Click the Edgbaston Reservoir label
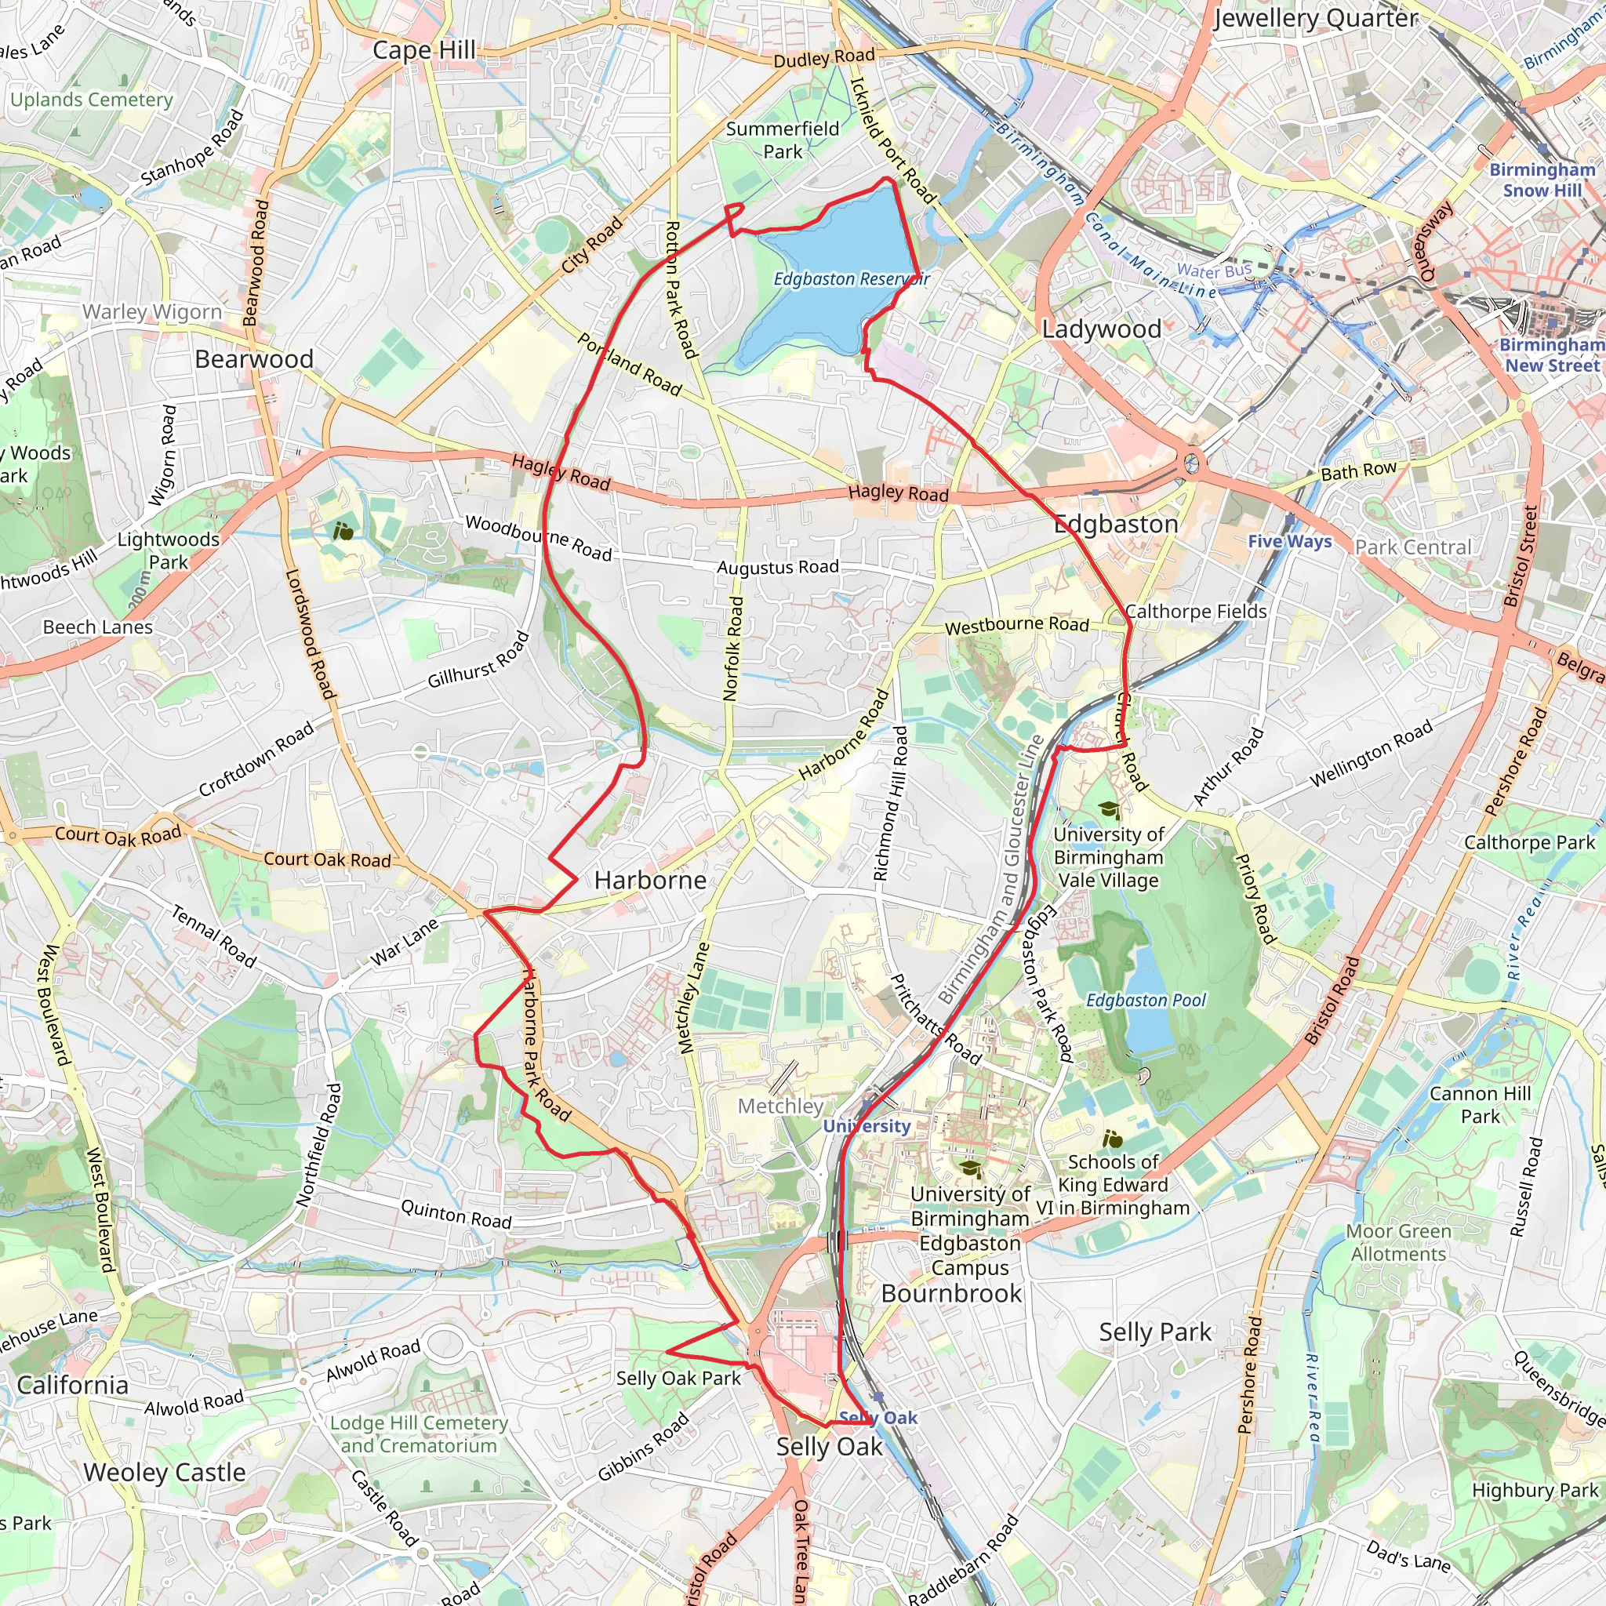(x=850, y=278)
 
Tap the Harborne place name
(x=650, y=881)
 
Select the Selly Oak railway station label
(x=877, y=1417)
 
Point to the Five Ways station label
(x=1289, y=541)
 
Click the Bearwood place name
(x=253, y=359)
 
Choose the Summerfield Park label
(x=782, y=140)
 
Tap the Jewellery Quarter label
(x=1316, y=18)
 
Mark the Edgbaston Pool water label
(x=1146, y=1000)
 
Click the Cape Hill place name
(x=424, y=50)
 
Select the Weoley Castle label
(x=165, y=1472)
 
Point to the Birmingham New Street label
(x=1551, y=355)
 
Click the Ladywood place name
(x=1102, y=329)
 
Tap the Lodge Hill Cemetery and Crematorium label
(x=419, y=1434)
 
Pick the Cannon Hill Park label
(x=1480, y=1105)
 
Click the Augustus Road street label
(x=777, y=567)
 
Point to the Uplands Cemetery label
(x=92, y=100)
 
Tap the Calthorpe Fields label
(x=1195, y=611)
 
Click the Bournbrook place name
(x=951, y=1293)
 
